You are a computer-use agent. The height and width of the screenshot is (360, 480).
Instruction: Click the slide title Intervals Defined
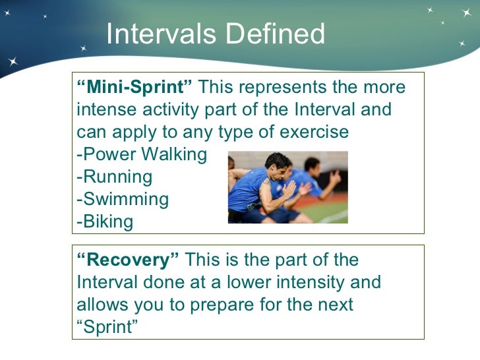(x=215, y=34)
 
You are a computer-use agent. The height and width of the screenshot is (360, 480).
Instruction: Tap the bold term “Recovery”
(x=128, y=260)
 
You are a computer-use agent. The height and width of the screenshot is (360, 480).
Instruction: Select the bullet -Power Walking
(x=142, y=155)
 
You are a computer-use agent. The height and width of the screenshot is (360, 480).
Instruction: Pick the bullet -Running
(x=115, y=177)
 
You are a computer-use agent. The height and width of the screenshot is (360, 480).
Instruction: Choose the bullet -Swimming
(x=123, y=199)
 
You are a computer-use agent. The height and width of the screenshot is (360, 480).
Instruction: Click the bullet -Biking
(x=105, y=222)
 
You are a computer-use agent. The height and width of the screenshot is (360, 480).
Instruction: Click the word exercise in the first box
(x=310, y=132)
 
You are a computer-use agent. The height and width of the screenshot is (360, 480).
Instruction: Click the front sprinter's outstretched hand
(x=291, y=191)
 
